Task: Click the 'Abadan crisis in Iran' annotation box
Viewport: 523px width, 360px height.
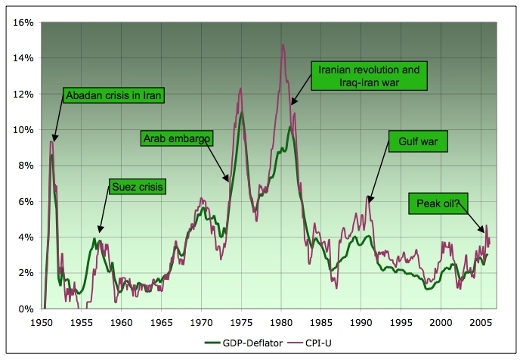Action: [114, 95]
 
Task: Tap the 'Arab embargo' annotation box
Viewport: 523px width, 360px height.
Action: [177, 138]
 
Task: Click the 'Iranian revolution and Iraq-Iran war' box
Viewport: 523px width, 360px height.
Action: [369, 76]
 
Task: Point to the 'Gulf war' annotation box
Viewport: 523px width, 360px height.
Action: [419, 141]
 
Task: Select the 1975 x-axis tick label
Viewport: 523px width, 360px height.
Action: [241, 321]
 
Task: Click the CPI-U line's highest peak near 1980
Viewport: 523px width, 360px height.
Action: [283, 45]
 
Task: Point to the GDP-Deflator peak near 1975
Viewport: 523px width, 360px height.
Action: [241, 113]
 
